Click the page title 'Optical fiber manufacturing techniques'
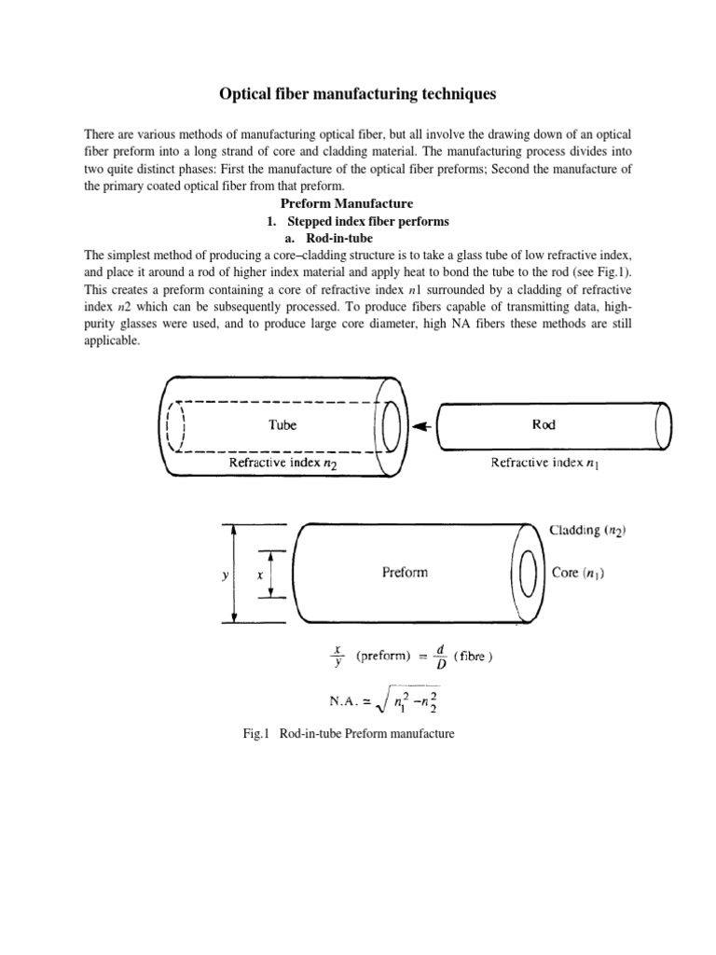tap(357, 94)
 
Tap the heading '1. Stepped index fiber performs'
tap(358, 221)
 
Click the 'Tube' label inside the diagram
tap(282, 424)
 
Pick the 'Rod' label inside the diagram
tap(544, 424)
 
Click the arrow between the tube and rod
tap(422, 426)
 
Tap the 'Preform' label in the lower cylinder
tap(406, 573)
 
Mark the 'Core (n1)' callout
tap(578, 573)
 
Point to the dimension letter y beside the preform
tap(225, 576)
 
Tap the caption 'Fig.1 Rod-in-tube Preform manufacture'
tap(347, 734)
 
